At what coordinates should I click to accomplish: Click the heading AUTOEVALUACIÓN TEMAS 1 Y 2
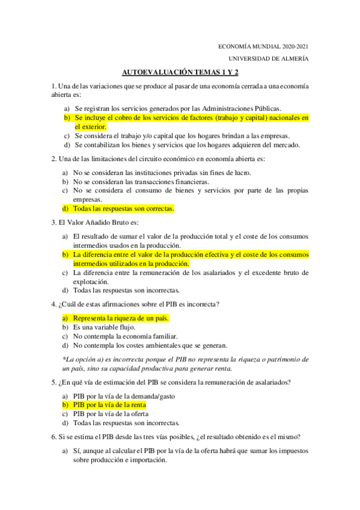coord(180,72)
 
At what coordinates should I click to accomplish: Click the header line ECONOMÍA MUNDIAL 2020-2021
coord(263,46)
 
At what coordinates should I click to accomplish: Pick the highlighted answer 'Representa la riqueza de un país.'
coord(121,318)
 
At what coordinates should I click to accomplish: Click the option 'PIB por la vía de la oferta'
coord(112,414)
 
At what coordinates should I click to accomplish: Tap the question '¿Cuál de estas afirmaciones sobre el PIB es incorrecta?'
coord(135,304)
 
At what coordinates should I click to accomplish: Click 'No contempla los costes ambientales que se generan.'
coord(150,345)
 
